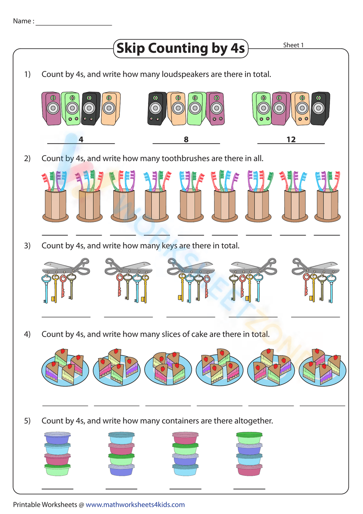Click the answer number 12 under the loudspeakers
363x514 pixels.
coord(291,139)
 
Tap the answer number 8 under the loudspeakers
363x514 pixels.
coord(186,139)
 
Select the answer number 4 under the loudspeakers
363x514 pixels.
coord(81,139)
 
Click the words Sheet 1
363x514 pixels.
coord(293,45)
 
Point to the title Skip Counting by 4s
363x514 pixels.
coord(181,48)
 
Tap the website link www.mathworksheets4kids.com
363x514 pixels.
coord(135,505)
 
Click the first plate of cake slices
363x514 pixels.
coord(65,368)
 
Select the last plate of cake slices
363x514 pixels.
coord(322,368)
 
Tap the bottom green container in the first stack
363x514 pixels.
coord(57,469)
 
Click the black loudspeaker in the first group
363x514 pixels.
coord(90,109)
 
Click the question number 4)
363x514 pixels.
coord(27,334)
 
